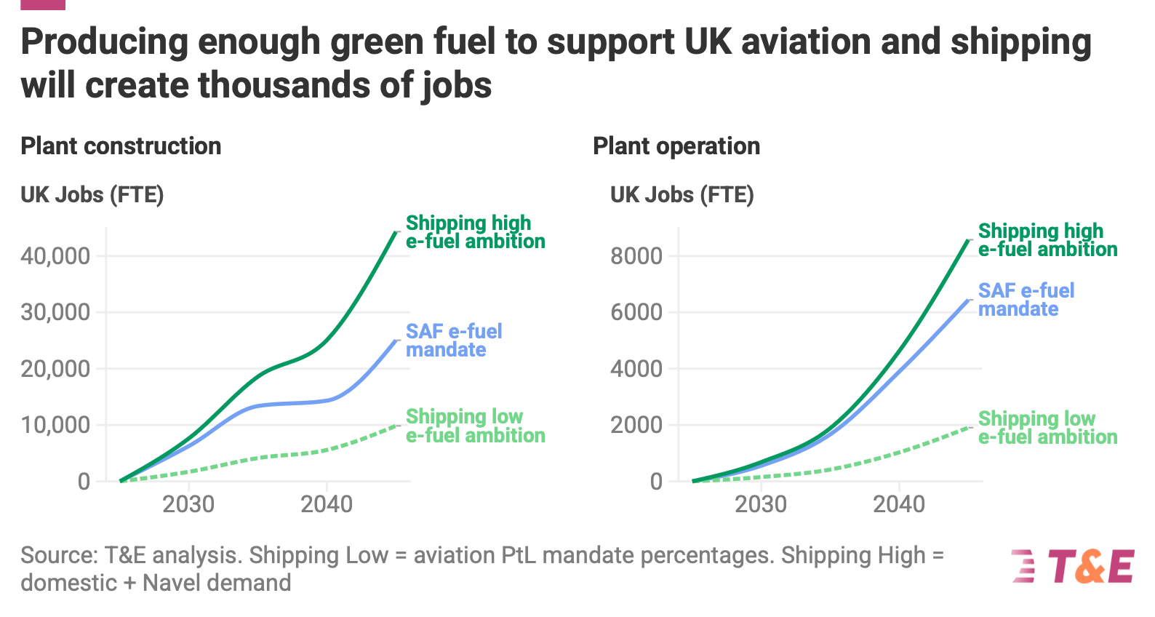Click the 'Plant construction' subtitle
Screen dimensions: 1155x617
point(121,146)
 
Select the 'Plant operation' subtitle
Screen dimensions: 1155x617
point(676,146)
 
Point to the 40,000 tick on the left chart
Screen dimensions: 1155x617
point(55,256)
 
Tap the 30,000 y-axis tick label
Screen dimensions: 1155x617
point(55,312)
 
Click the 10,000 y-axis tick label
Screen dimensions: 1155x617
point(55,425)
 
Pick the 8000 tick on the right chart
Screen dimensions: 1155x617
point(636,256)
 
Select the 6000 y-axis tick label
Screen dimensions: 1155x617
point(636,312)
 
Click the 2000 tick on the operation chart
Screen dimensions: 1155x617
point(636,425)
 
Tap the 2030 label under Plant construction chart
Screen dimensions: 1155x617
point(188,504)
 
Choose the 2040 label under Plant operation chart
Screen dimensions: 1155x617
point(899,504)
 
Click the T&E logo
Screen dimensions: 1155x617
point(1073,566)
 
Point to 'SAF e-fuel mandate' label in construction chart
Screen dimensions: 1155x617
point(454,341)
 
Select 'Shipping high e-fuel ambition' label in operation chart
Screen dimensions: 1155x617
point(1048,240)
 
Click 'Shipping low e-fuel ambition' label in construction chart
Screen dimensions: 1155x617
point(476,426)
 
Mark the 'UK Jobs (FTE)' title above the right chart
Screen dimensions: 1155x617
point(682,195)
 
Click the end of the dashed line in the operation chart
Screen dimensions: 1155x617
point(969,427)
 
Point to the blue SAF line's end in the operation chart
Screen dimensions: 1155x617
point(969,300)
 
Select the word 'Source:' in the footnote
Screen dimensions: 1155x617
point(60,556)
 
